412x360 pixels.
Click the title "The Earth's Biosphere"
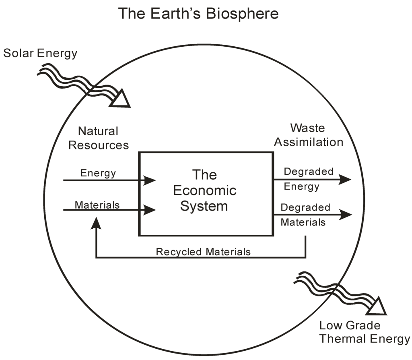198,13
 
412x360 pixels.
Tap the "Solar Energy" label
40,53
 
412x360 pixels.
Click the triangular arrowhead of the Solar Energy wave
121,99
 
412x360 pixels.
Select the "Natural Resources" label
99,138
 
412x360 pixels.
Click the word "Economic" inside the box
204,190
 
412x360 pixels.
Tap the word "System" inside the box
204,206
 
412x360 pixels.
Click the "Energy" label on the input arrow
98,173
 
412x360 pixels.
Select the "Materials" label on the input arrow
97,205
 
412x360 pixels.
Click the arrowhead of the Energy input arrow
150,180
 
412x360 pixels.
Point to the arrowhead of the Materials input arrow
150,209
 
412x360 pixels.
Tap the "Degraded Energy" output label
308,179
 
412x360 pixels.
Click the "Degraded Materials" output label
306,215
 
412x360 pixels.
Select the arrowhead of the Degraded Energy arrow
345,180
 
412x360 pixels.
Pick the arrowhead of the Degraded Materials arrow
346,215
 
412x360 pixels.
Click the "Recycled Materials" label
203,252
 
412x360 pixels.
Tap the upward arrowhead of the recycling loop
96,222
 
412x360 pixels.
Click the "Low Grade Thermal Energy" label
365,332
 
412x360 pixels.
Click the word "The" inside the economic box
204,175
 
